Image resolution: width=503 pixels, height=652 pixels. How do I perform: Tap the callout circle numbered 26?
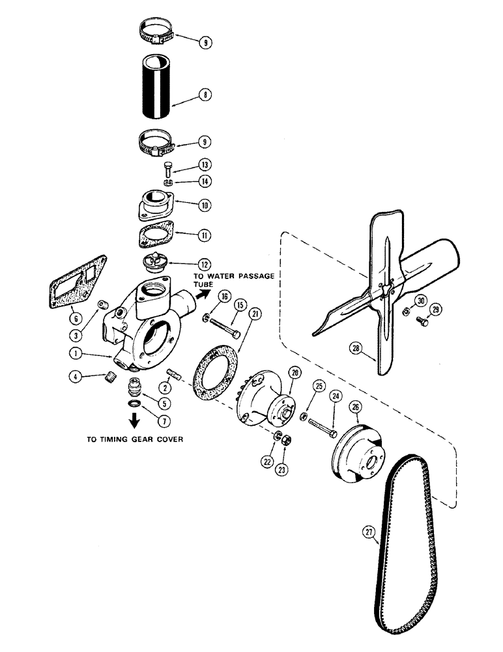tap(357, 409)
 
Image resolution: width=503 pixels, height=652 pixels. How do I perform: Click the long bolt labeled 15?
tap(220, 327)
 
